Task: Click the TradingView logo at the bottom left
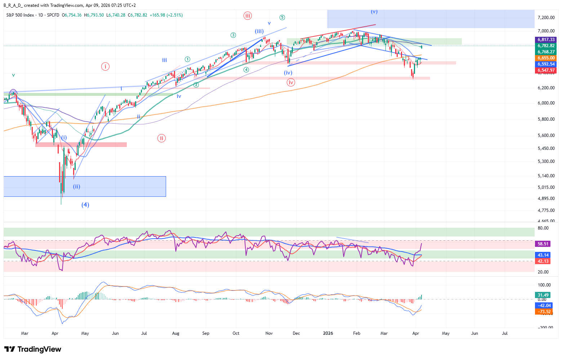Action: pyautogui.click(x=33, y=349)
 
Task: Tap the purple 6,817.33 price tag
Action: pyautogui.click(x=546, y=40)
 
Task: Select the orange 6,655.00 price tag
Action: pyautogui.click(x=546, y=58)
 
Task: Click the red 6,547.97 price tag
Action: pyautogui.click(x=546, y=70)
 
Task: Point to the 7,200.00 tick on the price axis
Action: pyautogui.click(x=546, y=18)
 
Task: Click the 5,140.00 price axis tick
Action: pyautogui.click(x=546, y=176)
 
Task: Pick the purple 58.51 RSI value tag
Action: pyautogui.click(x=543, y=244)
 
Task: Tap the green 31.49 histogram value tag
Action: pyautogui.click(x=543, y=295)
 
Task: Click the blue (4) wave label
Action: pyautogui.click(x=85, y=205)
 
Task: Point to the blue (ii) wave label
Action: pyautogui.click(x=76, y=187)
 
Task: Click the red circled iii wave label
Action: pyautogui.click(x=247, y=15)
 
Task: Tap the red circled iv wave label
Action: pyautogui.click(x=291, y=83)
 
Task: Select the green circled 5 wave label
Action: pyautogui.click(x=282, y=17)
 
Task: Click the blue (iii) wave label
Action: pyautogui.click(x=259, y=31)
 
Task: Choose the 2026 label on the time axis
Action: pyautogui.click(x=328, y=333)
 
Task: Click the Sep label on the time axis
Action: pyautogui.click(x=206, y=333)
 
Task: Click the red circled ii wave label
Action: pyautogui.click(x=161, y=138)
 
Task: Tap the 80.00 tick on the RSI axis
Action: pyautogui.click(x=543, y=228)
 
